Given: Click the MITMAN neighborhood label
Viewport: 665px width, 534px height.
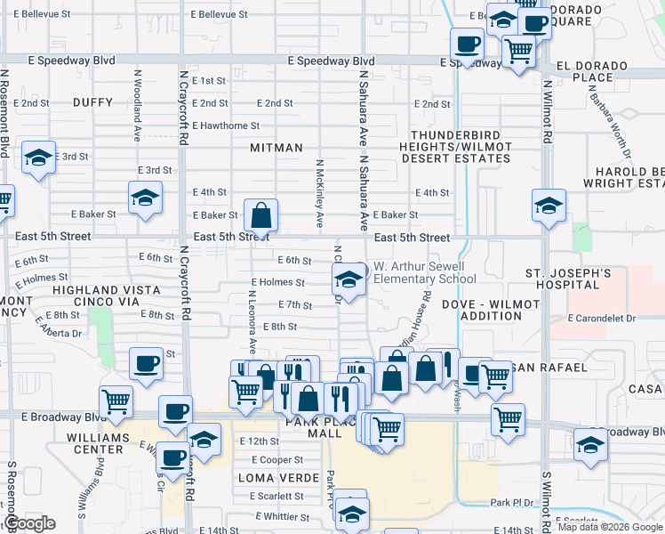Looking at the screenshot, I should (x=276, y=147).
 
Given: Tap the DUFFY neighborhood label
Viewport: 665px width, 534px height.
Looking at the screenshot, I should (x=94, y=102).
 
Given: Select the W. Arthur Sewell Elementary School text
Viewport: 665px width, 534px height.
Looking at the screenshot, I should (x=424, y=272).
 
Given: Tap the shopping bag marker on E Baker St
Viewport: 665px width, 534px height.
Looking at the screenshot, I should (x=260, y=214).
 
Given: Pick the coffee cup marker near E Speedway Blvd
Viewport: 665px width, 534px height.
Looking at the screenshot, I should (x=467, y=43).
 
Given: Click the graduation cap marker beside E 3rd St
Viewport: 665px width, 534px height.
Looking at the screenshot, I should (x=38, y=158).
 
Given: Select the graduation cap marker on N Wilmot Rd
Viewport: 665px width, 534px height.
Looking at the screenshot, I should (x=549, y=205).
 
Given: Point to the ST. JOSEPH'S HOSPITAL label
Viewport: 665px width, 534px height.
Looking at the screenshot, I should (x=562, y=278).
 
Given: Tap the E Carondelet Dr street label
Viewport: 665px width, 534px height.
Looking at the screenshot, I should (x=603, y=318).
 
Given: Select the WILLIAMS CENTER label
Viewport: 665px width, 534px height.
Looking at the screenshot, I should (x=94, y=443).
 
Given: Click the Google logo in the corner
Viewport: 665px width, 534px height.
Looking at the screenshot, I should (x=29, y=523).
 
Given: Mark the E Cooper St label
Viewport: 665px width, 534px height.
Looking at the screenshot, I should (x=277, y=460).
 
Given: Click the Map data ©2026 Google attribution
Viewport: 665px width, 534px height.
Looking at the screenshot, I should (x=609, y=527).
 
